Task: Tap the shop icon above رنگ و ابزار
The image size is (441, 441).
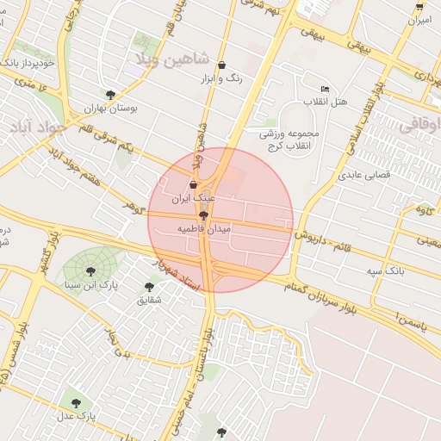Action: pyautogui.click(x=222, y=65)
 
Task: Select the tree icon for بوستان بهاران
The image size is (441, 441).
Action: pyautogui.click(x=110, y=95)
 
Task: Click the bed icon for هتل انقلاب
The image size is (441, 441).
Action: pyautogui.click(x=325, y=89)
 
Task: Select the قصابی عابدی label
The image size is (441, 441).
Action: pyautogui.click(x=370, y=174)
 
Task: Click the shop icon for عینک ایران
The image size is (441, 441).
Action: pyautogui.click(x=192, y=184)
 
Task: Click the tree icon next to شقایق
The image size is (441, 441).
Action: pyautogui.click(x=149, y=287)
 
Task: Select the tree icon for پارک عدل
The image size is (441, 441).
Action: pyautogui.click(x=75, y=402)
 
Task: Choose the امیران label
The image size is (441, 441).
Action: pyautogui.click(x=418, y=20)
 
